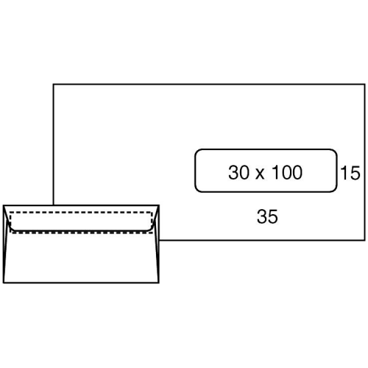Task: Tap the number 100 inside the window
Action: (x=287, y=172)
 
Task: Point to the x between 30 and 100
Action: (x=261, y=174)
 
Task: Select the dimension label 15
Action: (x=350, y=173)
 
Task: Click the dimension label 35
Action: (x=267, y=216)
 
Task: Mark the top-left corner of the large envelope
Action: (x=54, y=85)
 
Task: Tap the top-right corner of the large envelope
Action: (x=365, y=85)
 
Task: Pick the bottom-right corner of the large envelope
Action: (x=365, y=240)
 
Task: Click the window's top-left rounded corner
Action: (x=197, y=152)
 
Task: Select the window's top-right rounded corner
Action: (x=335, y=152)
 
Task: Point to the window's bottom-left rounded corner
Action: (x=197, y=190)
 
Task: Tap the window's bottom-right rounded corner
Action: (x=335, y=190)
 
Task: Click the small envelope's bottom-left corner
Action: (x=4, y=283)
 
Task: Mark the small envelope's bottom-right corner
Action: (x=159, y=283)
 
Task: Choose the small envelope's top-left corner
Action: (x=4, y=205)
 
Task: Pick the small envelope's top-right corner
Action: (x=159, y=205)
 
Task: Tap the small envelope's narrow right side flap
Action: (x=157, y=243)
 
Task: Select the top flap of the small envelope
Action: (x=81, y=219)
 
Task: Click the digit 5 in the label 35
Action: (x=273, y=216)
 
